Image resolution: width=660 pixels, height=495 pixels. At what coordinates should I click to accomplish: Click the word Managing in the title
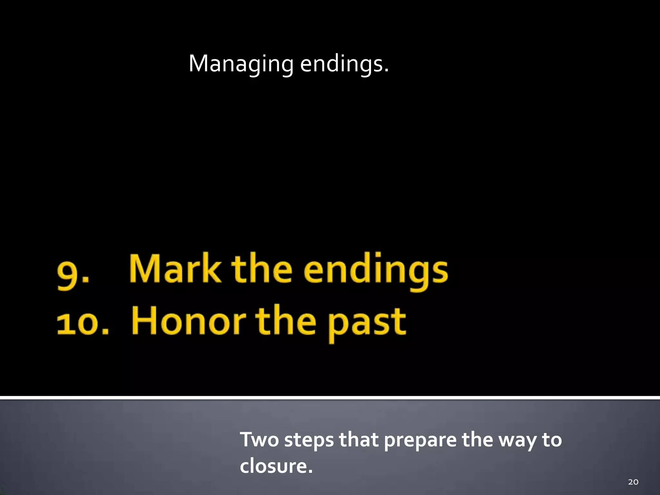[241, 64]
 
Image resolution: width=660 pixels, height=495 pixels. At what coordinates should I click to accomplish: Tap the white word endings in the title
[344, 64]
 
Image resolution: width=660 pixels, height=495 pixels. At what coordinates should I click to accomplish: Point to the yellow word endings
[375, 271]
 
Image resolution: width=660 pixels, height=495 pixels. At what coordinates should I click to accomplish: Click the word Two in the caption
[259, 440]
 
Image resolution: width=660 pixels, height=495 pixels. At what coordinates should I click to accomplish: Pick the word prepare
[420, 441]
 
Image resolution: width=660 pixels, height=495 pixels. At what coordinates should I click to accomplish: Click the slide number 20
[633, 482]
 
